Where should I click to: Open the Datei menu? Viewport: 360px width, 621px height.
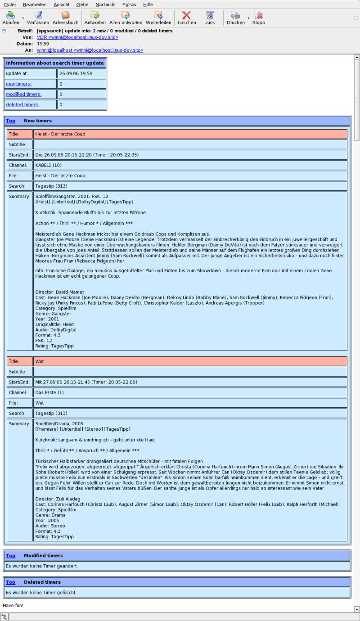[9, 4]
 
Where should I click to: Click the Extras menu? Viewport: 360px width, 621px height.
[129, 4]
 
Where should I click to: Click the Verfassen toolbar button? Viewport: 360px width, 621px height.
[38, 18]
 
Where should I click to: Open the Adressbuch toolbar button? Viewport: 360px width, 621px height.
[65, 18]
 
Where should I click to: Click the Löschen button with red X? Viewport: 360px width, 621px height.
[186, 18]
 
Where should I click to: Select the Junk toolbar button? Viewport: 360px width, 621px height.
[210, 18]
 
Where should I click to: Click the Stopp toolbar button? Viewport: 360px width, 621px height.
[258, 18]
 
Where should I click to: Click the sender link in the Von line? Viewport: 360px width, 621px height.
[77, 37]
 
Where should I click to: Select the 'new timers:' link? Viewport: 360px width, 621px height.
[18, 84]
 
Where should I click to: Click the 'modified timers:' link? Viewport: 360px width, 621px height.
[23, 94]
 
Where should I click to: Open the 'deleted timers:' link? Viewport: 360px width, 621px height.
[22, 104]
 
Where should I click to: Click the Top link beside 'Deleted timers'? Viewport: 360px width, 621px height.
[10, 582]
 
